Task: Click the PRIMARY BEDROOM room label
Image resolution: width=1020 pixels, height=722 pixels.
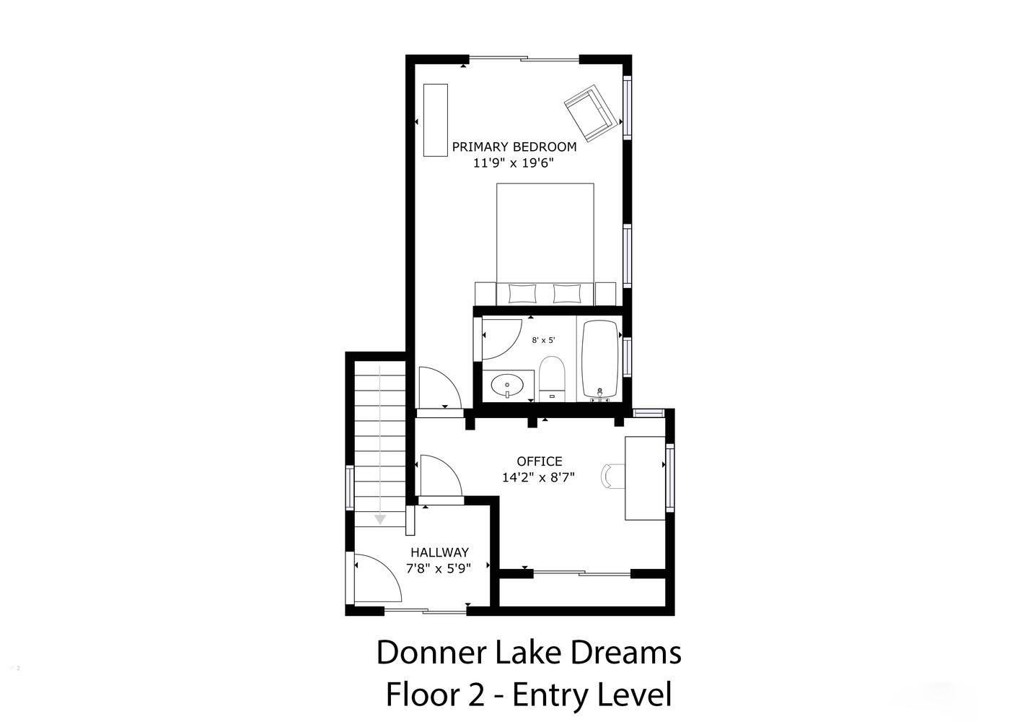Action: (514, 147)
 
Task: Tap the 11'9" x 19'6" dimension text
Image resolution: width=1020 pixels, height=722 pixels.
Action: (513, 162)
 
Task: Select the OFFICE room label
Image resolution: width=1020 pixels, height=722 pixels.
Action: (540, 461)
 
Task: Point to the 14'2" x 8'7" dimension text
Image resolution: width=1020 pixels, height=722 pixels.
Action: (538, 477)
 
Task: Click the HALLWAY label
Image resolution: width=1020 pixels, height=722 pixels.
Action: (439, 552)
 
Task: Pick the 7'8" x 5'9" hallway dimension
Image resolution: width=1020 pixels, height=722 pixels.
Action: (438, 568)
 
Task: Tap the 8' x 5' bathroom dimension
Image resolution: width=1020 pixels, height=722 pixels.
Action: (543, 340)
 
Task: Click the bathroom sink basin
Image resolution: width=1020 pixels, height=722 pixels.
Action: (507, 386)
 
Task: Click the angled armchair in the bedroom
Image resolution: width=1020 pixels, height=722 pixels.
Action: (591, 113)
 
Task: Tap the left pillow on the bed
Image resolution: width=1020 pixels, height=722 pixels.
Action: (522, 294)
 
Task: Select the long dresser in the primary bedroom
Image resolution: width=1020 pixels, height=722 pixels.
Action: (435, 120)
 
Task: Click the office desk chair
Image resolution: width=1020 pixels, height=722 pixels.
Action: (612, 477)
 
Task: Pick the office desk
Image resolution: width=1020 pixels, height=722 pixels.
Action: (645, 478)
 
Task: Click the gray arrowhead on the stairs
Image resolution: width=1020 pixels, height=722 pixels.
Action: (379, 520)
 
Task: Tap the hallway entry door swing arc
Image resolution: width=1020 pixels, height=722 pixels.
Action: (387, 570)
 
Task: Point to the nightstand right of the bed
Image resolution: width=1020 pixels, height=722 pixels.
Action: (605, 294)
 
